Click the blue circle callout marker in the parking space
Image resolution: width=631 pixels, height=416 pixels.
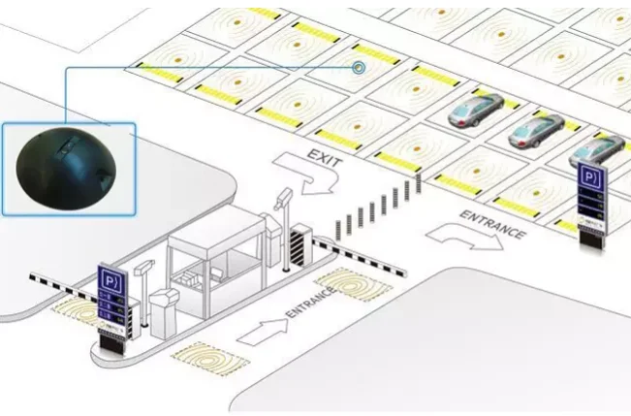359,68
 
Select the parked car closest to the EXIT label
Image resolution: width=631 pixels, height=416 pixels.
475,109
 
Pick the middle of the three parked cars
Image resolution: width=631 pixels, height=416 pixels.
536,128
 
